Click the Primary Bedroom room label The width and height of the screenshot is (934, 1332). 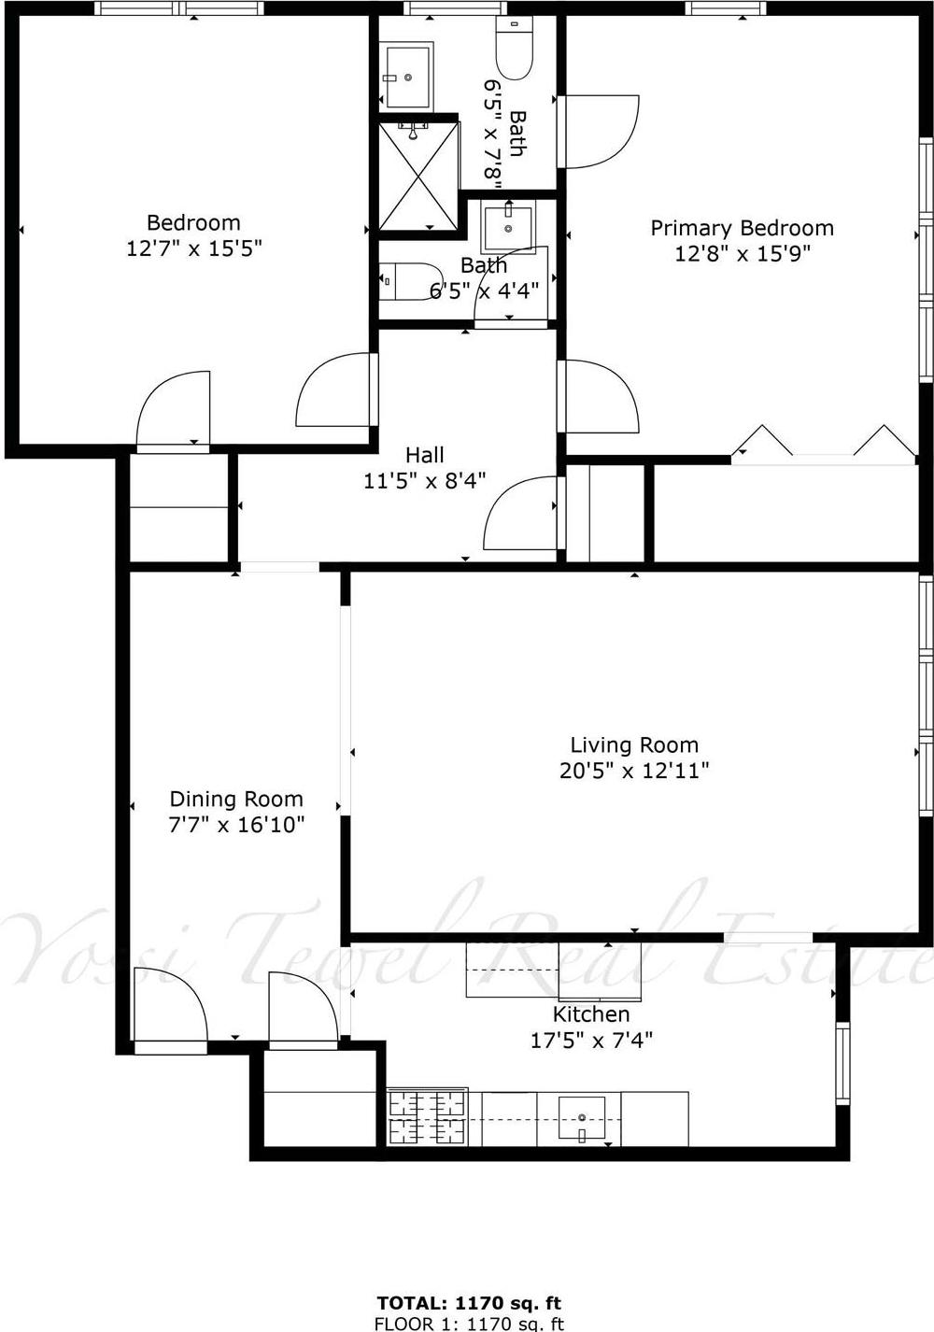click(x=742, y=228)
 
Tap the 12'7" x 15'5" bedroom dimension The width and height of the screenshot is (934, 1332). click(x=194, y=248)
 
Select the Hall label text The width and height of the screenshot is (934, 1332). click(x=425, y=455)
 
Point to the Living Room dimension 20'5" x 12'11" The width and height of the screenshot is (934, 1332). click(x=634, y=771)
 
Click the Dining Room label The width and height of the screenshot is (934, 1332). click(x=236, y=799)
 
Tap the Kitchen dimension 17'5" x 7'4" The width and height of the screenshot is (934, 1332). click(x=591, y=1040)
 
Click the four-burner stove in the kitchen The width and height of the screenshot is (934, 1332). click(x=427, y=1117)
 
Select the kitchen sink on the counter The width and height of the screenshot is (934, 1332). click(x=582, y=1118)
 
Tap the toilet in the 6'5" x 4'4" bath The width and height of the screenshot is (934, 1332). click(x=409, y=281)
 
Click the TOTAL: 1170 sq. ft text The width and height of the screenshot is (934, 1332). click(x=468, y=1302)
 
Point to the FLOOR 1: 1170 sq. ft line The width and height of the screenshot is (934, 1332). click(x=468, y=1323)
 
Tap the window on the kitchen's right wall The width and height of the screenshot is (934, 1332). click(x=842, y=1063)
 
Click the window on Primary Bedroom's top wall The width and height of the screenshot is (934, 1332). click(x=725, y=8)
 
